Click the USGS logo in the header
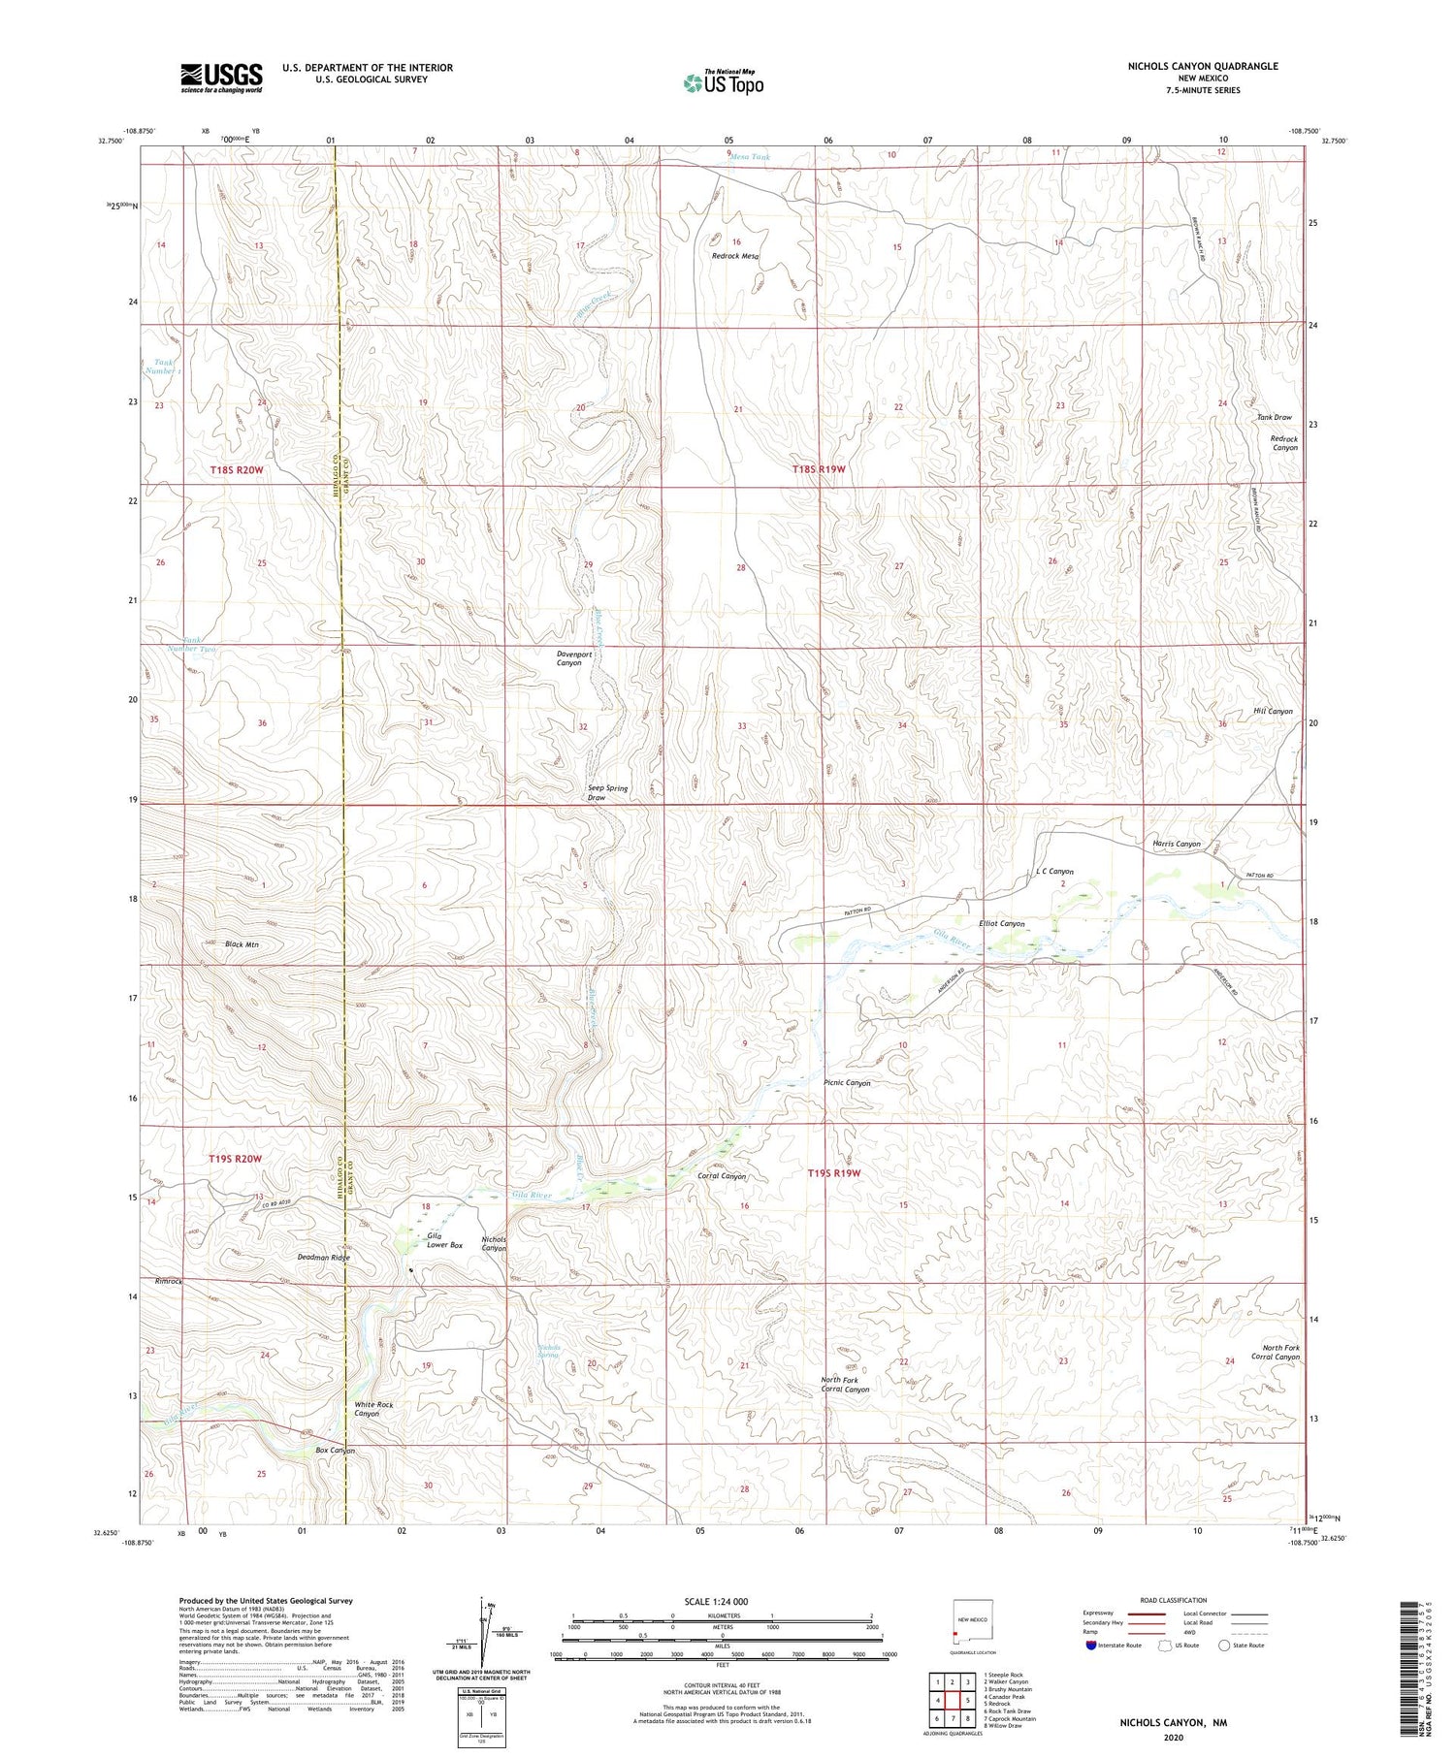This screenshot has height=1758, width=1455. click(221, 78)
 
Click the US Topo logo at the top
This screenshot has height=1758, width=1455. click(723, 82)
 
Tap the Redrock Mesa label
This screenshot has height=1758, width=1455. click(735, 257)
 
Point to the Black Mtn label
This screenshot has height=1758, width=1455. click(242, 943)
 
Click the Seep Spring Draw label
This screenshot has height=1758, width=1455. click(607, 792)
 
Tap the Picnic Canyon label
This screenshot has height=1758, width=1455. click(847, 1083)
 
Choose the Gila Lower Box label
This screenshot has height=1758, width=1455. click(444, 1240)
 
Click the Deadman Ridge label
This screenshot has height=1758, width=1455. click(323, 1257)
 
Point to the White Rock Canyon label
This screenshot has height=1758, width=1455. click(373, 1409)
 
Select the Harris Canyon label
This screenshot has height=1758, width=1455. click(1176, 844)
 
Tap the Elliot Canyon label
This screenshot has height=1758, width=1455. click(1001, 924)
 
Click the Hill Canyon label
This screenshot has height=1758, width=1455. click(1273, 711)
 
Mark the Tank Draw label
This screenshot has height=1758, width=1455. click(1274, 417)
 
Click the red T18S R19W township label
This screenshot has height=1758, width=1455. click(819, 468)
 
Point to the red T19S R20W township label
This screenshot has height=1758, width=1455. click(236, 1159)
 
